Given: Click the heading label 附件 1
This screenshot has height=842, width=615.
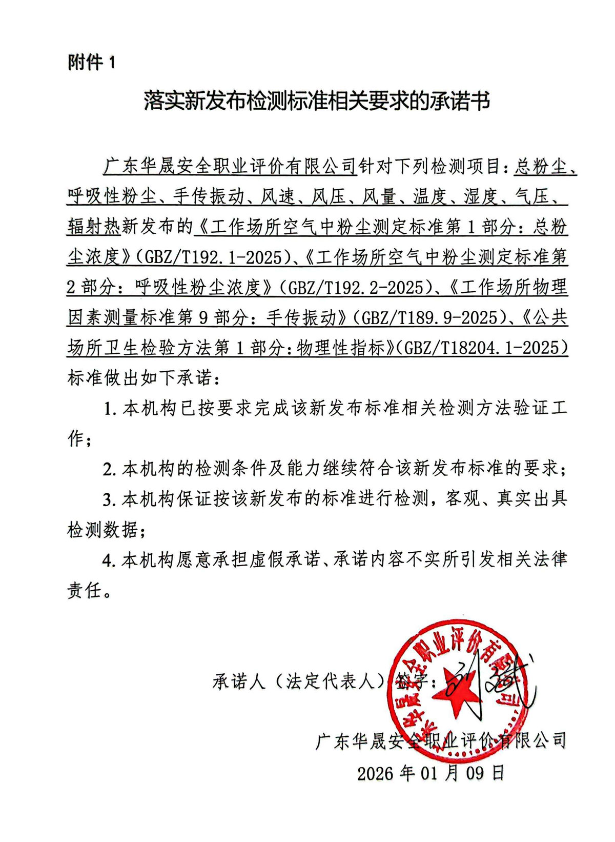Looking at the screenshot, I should click(92, 63).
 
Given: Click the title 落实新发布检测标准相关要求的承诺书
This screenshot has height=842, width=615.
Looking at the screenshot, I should click(316, 101).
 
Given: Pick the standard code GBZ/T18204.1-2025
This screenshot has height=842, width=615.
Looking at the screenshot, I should click(485, 348).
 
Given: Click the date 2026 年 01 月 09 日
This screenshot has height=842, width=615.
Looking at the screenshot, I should click(430, 773).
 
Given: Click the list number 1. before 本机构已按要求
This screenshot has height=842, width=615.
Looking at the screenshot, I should click(110, 409).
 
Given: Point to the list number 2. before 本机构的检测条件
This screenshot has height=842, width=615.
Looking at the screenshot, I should click(110, 469).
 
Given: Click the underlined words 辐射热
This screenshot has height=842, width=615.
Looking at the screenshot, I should click(93, 227).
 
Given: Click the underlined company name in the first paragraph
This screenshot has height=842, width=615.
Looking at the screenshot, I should click(229, 166).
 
